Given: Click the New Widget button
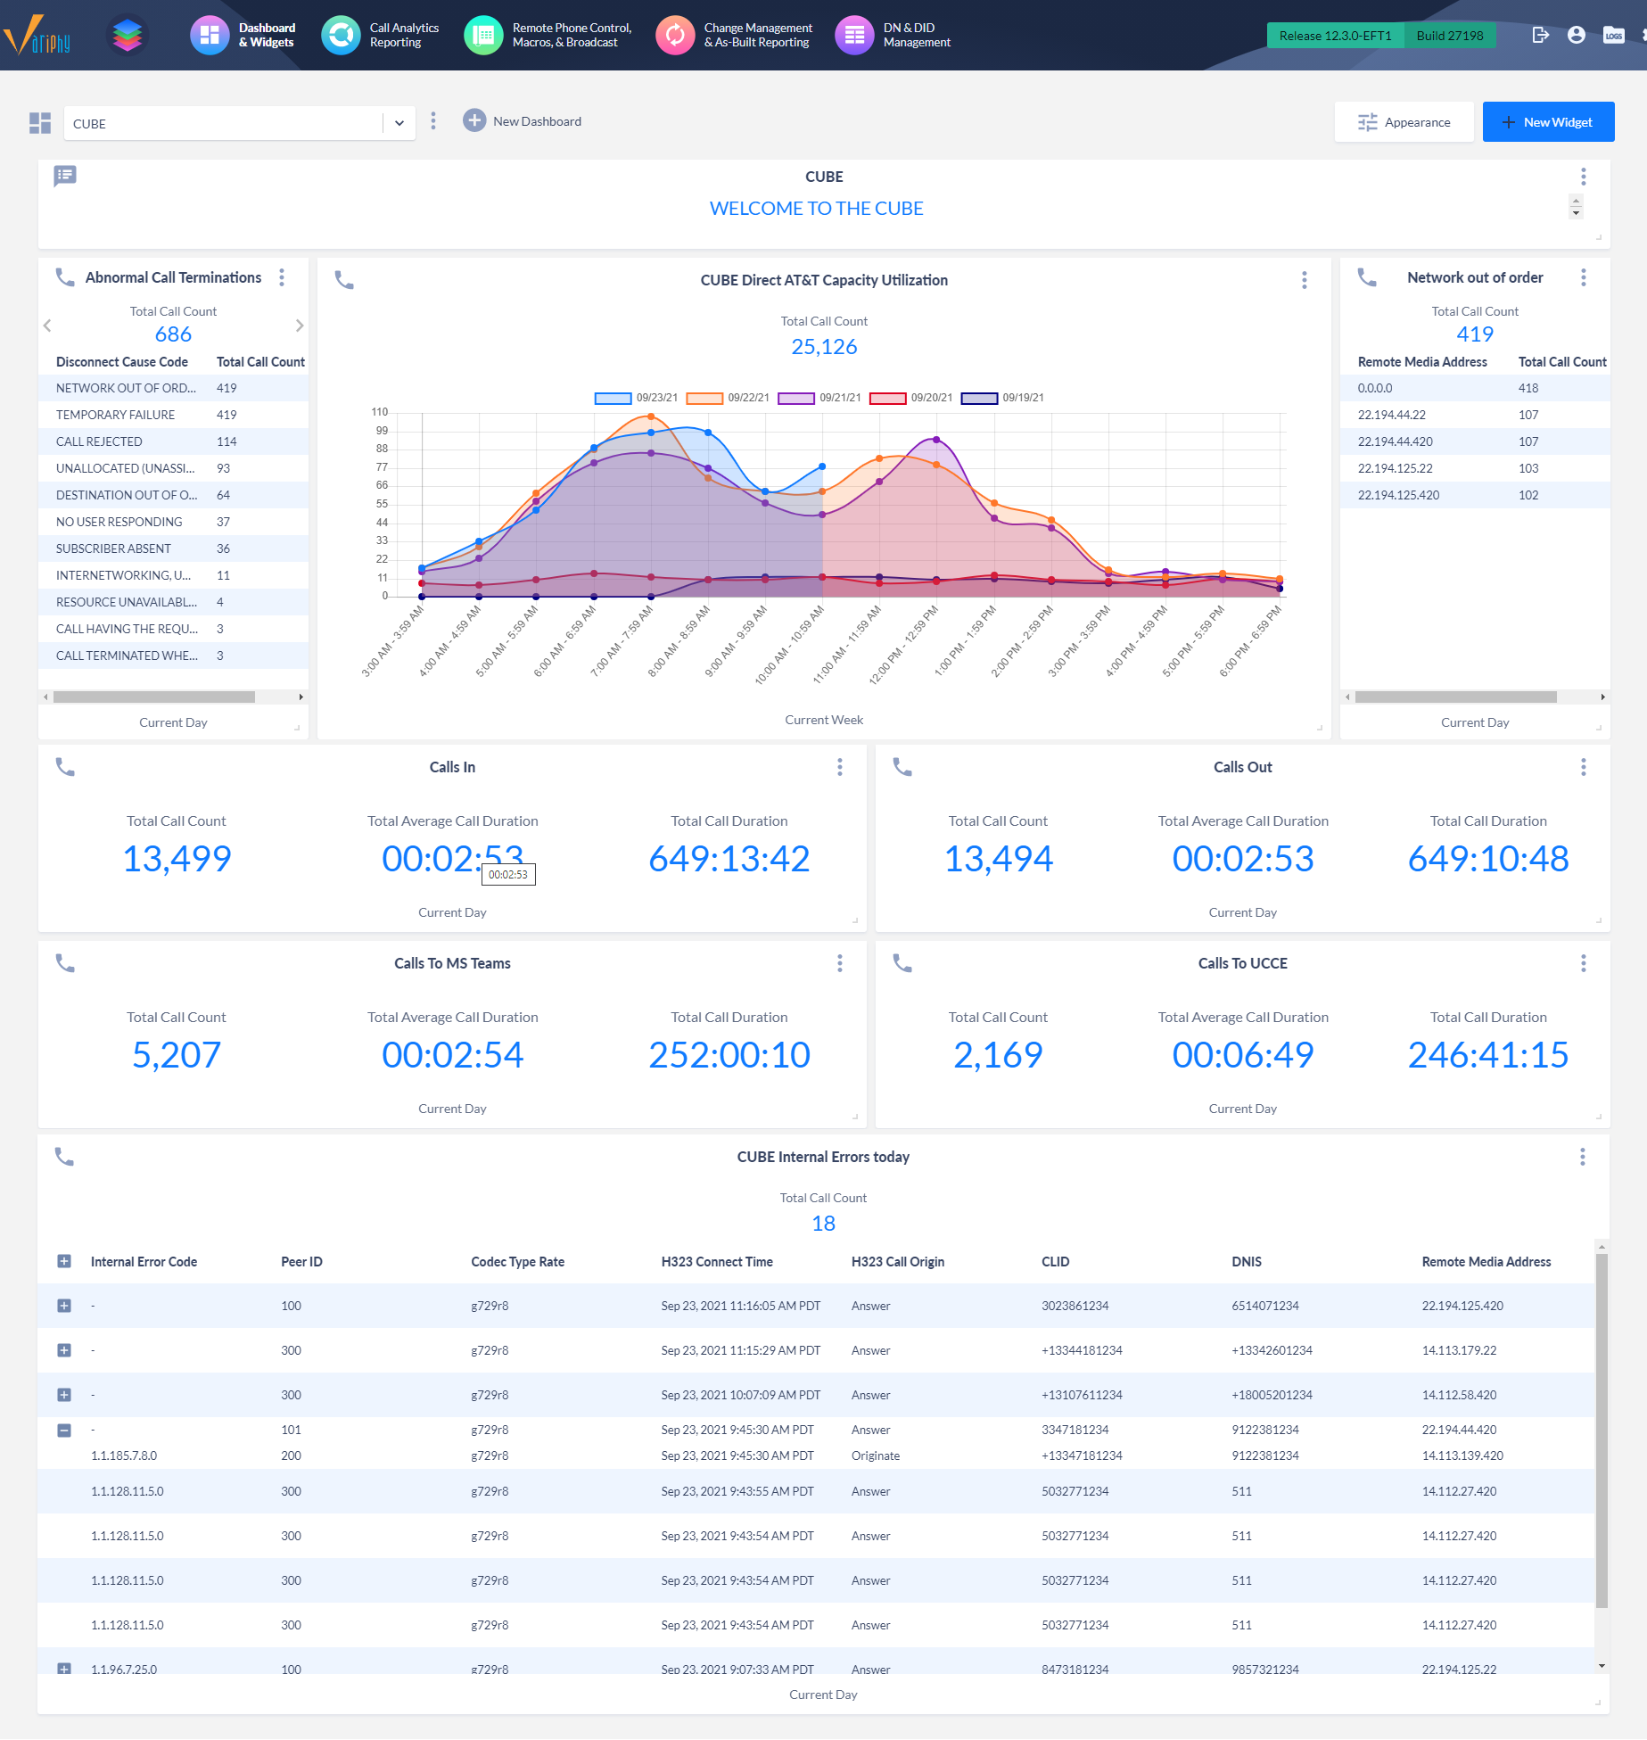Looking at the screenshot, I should pos(1548,122).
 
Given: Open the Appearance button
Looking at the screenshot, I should pos(1404,122).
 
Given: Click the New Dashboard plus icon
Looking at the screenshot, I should pos(474,120).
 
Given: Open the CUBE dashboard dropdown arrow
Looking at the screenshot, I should pos(399,123).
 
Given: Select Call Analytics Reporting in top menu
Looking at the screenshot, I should pos(403,35).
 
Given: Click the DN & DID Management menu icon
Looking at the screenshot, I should pos(854,35).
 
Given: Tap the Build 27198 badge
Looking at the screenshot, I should pos(1449,36).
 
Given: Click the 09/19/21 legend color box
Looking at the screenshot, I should pos(978,398).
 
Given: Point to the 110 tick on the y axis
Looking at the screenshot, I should pos(380,412).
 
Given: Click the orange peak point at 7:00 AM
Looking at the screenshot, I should pos(651,416).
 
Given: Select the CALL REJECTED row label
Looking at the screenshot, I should pos(99,441).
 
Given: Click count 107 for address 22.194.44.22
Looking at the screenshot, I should pos(1528,415).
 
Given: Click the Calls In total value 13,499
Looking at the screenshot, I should pos(177,859).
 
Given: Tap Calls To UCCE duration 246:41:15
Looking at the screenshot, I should pos(1487,1055).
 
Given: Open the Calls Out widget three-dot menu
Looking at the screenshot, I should pos(1583,767).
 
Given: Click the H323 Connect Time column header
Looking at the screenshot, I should pos(716,1262).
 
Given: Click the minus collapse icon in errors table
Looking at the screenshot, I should pos(64,1431).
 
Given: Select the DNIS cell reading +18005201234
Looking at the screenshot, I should pos(1272,1395).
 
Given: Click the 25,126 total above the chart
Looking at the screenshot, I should pos(823,347).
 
